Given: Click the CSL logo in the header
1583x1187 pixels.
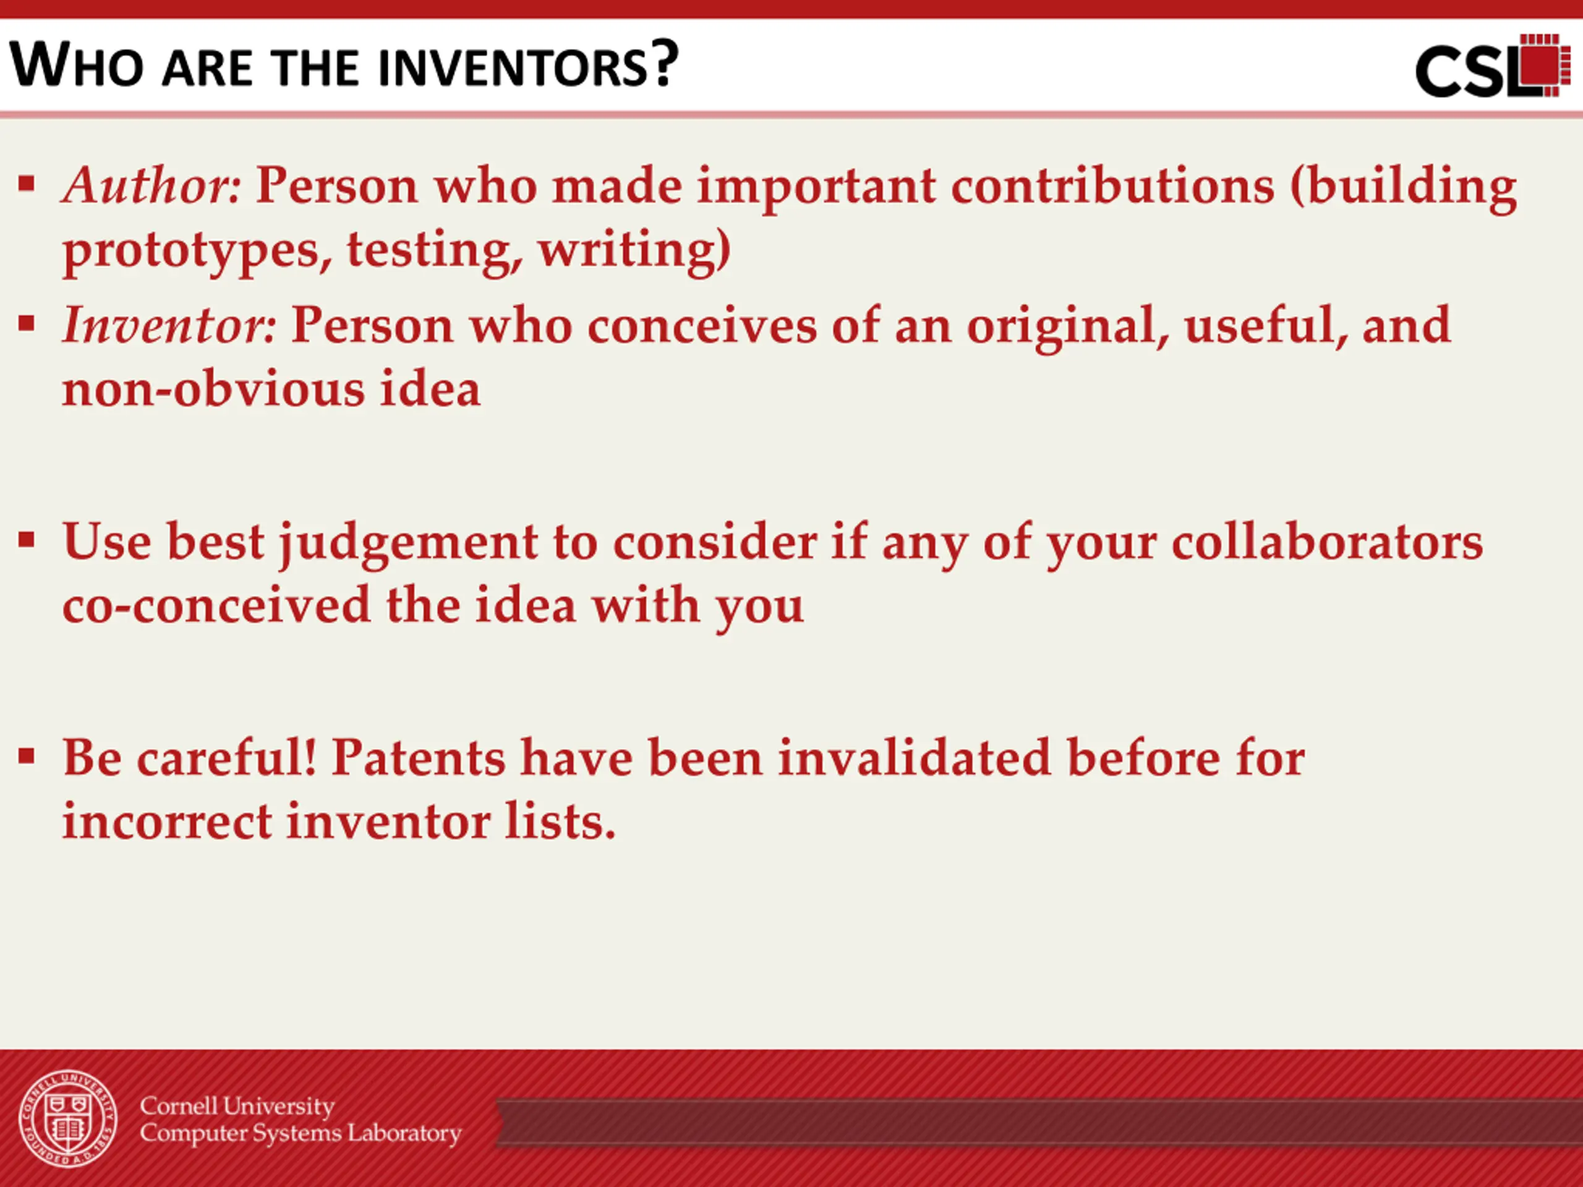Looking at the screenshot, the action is pyautogui.click(x=1493, y=66).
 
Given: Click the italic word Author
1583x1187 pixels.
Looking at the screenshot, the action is pyautogui.click(x=151, y=185).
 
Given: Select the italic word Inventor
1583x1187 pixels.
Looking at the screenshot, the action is pyautogui.click(x=169, y=326).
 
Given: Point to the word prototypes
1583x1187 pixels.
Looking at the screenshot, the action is pyautogui.click(x=197, y=252).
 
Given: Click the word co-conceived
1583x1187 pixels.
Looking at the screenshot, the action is pyautogui.click(x=216, y=605).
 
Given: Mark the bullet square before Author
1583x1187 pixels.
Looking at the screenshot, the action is pyautogui.click(x=27, y=184).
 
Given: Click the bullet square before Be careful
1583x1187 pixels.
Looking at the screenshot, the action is pyautogui.click(x=27, y=755).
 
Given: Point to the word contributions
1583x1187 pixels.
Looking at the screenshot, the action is pyautogui.click(x=1113, y=185).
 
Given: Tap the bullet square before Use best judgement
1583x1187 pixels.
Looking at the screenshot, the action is pyautogui.click(x=27, y=540).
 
